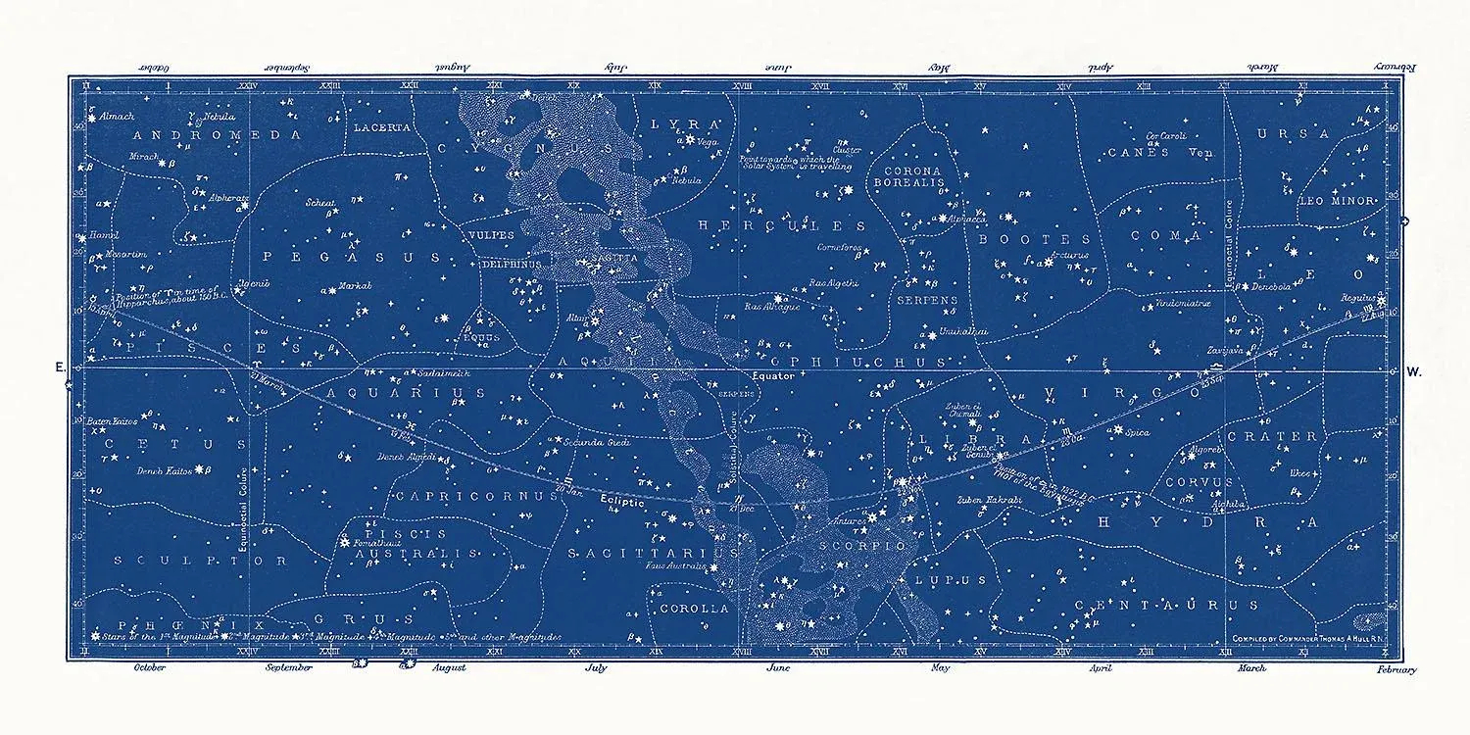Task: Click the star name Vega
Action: point(709,143)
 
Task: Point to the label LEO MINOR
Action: point(1338,201)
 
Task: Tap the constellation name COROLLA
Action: point(694,608)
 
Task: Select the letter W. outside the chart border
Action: point(1413,371)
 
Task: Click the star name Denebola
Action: point(1270,287)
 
